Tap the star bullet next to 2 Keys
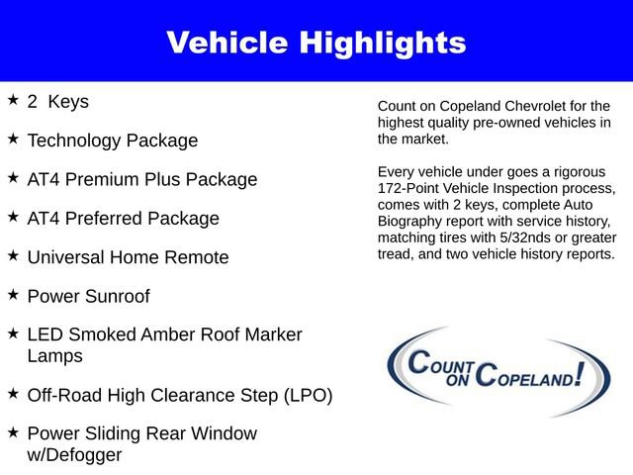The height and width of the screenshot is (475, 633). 13,100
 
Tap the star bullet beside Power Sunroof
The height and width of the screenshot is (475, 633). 13,294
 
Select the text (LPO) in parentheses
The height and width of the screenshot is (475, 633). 305,395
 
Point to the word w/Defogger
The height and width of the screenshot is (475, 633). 76,454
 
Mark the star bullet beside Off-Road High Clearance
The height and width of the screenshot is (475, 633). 13,393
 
